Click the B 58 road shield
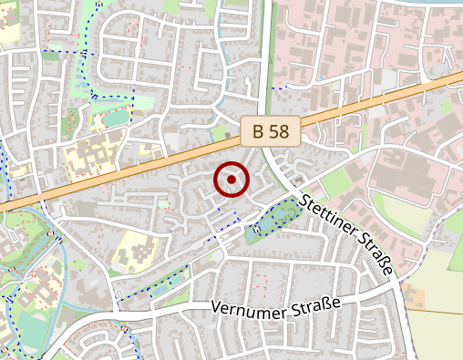coord(271,131)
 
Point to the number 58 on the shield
coord(281,131)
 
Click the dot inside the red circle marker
coord(231,180)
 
